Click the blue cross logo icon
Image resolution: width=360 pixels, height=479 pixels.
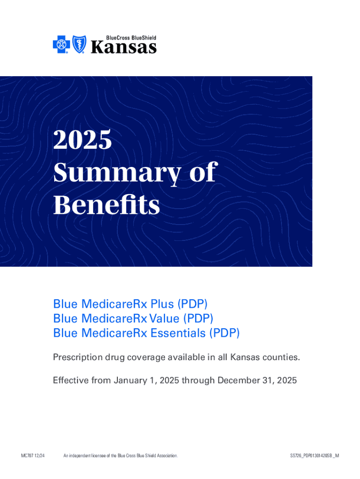[61, 44]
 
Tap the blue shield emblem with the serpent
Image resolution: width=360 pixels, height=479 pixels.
[79, 44]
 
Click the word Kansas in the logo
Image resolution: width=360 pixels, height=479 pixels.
[124, 48]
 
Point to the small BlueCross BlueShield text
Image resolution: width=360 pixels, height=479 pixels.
[131, 38]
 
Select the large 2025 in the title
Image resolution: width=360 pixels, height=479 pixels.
[82, 139]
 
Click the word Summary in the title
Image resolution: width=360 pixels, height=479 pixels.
[117, 173]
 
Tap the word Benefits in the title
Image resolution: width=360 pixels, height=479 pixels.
[107, 205]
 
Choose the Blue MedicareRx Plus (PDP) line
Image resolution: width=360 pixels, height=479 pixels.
[130, 304]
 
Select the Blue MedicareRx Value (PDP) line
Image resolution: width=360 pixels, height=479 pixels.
[133, 318]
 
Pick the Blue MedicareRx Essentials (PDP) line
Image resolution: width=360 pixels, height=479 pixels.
[146, 333]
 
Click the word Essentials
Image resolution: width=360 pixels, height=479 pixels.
[178, 333]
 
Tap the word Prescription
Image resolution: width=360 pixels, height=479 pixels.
[78, 357]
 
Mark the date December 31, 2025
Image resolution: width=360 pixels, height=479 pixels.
[257, 380]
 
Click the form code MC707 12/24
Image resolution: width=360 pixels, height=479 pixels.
[33, 456]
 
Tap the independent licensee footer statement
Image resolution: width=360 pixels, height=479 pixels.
[121, 456]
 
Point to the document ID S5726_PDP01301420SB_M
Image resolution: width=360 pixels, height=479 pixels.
[315, 456]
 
